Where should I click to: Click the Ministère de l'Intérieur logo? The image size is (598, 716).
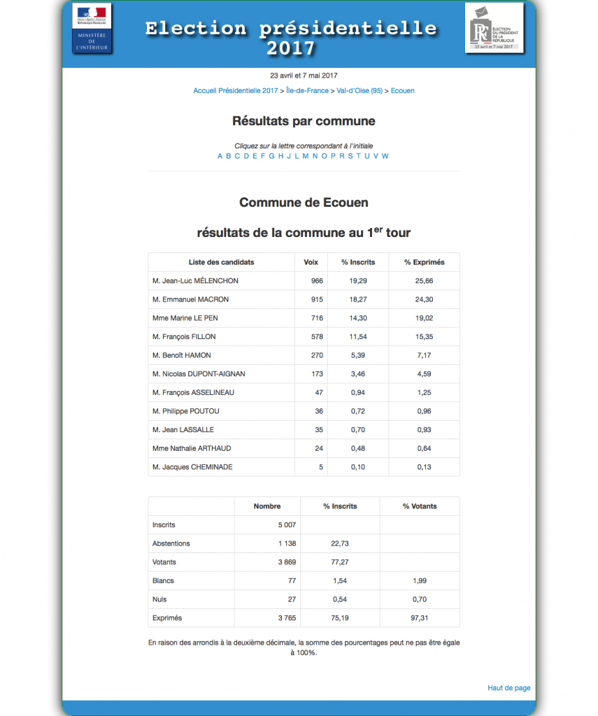click(x=92, y=27)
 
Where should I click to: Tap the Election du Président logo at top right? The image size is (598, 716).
click(x=494, y=27)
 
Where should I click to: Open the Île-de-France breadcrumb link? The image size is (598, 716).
click(x=308, y=91)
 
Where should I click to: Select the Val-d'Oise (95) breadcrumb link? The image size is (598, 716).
click(x=359, y=91)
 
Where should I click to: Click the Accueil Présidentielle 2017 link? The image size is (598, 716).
click(x=236, y=91)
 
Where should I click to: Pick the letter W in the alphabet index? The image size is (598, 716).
click(x=385, y=156)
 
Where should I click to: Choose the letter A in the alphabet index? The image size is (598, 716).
click(x=220, y=156)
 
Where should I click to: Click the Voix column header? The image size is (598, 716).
click(x=311, y=262)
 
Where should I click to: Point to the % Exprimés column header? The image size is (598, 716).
click(x=424, y=262)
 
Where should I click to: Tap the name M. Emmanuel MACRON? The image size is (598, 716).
click(x=190, y=299)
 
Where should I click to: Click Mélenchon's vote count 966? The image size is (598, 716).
click(x=316, y=281)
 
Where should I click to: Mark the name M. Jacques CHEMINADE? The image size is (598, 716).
click(x=192, y=467)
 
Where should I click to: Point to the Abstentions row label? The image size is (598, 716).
click(x=171, y=543)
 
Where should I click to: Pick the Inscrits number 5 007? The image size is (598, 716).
click(x=287, y=524)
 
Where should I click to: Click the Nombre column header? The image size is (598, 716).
click(x=267, y=506)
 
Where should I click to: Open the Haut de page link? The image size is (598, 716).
click(x=508, y=688)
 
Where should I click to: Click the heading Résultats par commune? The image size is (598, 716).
click(x=304, y=121)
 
